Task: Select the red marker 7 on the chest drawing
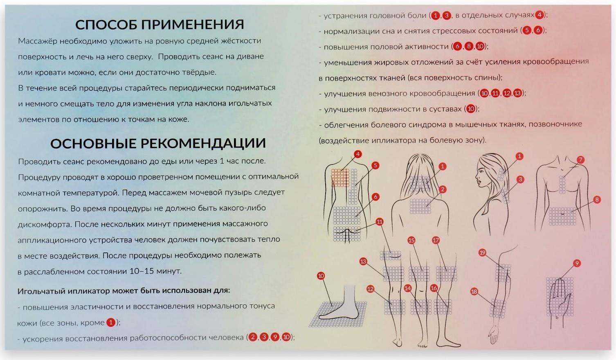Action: (580, 160)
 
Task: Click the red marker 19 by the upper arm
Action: (482, 253)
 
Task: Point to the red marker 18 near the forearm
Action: (474, 292)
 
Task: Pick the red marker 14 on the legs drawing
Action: (407, 288)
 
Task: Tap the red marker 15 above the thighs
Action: (411, 240)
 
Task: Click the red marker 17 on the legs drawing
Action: (436, 240)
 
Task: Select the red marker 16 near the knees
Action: (434, 288)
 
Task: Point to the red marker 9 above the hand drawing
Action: (577, 263)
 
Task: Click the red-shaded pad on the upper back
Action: (339, 178)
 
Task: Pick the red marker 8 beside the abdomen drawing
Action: (597, 200)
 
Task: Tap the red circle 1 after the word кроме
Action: (110, 323)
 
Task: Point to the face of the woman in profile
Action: (483, 176)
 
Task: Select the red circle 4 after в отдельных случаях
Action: (540, 15)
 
